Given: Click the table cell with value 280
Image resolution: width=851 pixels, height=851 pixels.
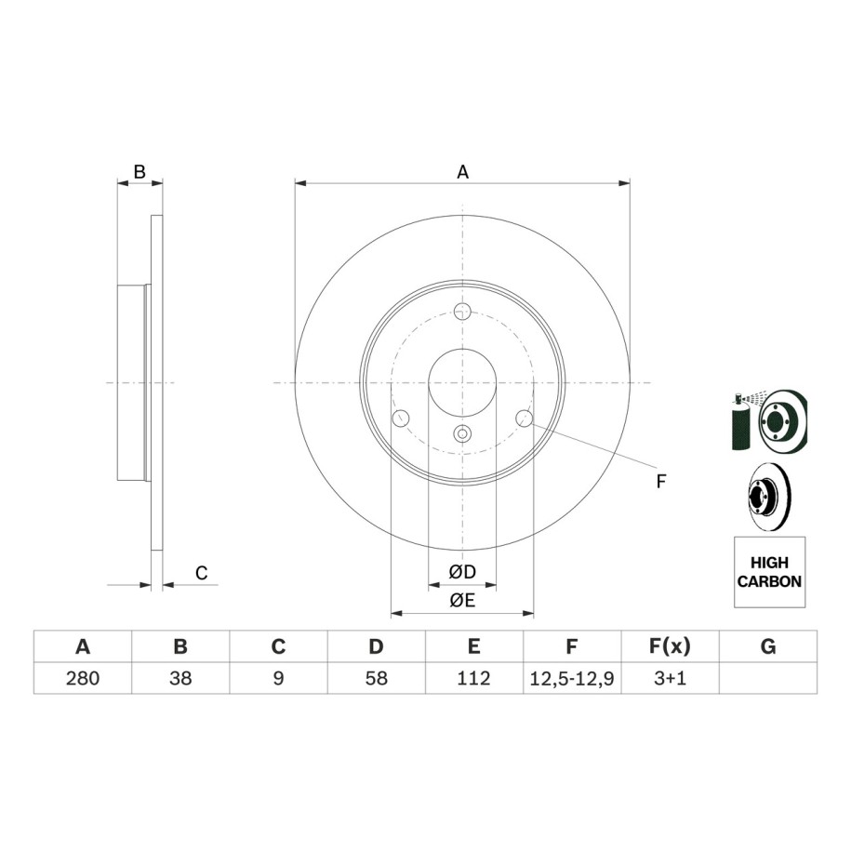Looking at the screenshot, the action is coord(83,678).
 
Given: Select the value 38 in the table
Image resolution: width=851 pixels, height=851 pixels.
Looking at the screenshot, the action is coord(180,678).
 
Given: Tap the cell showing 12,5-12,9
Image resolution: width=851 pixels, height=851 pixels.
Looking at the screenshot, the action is coord(571,678).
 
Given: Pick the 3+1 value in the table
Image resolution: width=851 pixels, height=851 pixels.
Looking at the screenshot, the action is coord(670,678).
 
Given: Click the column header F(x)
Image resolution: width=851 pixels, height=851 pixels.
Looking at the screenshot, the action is coord(670,646).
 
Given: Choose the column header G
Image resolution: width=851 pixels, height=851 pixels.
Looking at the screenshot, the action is coord(768,646).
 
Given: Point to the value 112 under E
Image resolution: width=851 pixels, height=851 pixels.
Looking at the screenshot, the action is coord(473,678).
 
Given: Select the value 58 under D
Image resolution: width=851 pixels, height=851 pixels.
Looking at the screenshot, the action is coord(376,678).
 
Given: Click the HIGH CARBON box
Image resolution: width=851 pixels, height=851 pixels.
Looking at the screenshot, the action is coord(769,572).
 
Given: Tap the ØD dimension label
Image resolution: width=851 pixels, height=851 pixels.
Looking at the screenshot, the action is coord(462,571).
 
